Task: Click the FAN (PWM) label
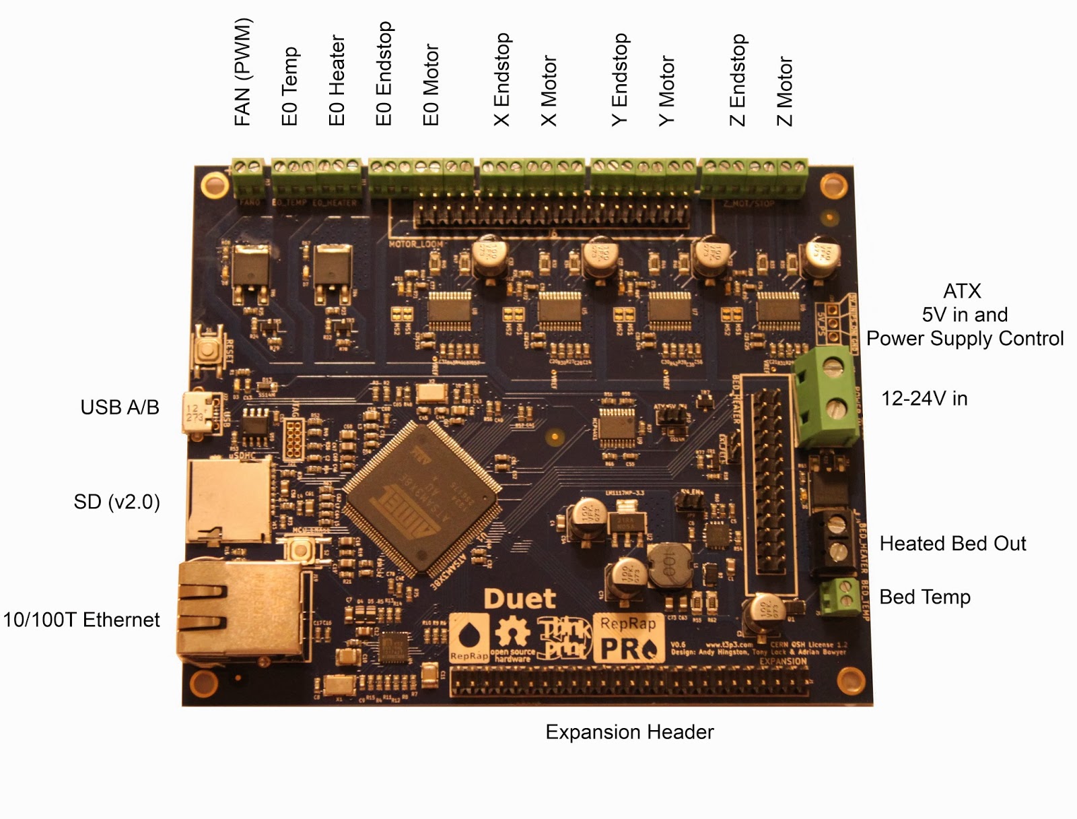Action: (242, 72)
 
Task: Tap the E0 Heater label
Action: (337, 81)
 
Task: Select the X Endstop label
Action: (502, 79)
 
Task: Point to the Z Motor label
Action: (785, 92)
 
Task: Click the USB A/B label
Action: (120, 407)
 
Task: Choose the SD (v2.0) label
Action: (117, 502)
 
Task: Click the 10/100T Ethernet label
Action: (81, 620)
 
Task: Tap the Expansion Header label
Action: (629, 732)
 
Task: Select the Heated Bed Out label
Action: (952, 544)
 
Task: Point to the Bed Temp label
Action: (925, 597)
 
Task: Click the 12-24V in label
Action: (924, 399)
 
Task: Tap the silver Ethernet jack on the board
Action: (239, 610)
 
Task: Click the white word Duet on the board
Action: (520, 599)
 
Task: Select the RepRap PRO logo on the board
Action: (628, 638)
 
